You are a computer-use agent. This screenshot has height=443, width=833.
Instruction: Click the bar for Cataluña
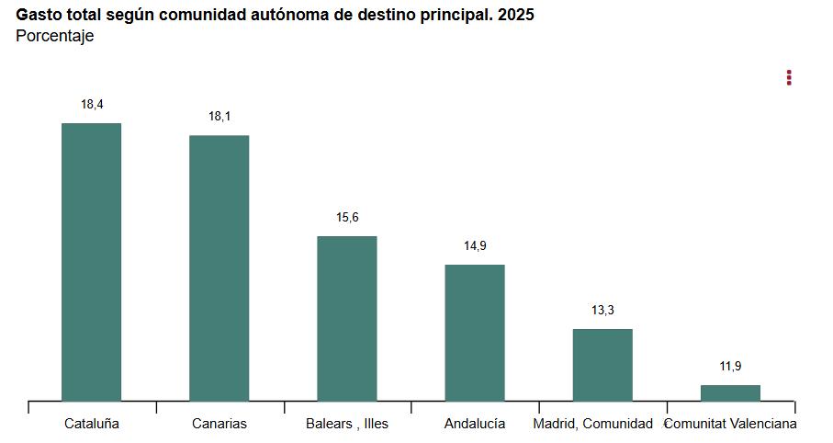[x=91, y=262]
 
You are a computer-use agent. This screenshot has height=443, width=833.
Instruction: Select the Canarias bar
[x=219, y=267]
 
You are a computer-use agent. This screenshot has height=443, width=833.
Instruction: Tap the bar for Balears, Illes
[x=347, y=318]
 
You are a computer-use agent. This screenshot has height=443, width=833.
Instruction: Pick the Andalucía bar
[x=475, y=333]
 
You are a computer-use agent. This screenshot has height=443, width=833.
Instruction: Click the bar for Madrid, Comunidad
[x=602, y=365]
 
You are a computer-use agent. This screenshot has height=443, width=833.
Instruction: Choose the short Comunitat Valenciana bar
[x=730, y=393]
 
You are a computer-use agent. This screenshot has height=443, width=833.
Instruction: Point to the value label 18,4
[x=92, y=105]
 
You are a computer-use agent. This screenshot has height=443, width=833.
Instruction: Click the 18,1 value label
[x=220, y=117]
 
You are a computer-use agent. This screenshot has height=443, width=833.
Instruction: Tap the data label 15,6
[x=347, y=218]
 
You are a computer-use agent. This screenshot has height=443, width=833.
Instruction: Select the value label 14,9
[x=475, y=246]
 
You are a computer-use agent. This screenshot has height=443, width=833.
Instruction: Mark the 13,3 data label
[x=602, y=311]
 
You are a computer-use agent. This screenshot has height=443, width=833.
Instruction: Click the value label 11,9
[x=730, y=367]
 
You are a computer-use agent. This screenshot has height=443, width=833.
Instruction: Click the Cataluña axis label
[x=92, y=424]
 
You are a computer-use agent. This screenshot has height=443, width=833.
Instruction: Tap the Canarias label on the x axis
[x=220, y=424]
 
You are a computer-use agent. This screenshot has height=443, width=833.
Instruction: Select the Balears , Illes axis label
[x=347, y=424]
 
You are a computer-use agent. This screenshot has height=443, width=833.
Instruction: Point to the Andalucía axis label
[x=475, y=424]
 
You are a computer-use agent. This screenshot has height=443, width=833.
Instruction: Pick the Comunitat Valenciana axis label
[x=731, y=424]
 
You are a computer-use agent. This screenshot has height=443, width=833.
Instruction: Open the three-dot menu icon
[x=789, y=78]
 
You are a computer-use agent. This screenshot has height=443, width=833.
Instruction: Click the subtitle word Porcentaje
[x=55, y=37]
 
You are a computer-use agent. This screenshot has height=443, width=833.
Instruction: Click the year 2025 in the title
[x=516, y=16]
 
